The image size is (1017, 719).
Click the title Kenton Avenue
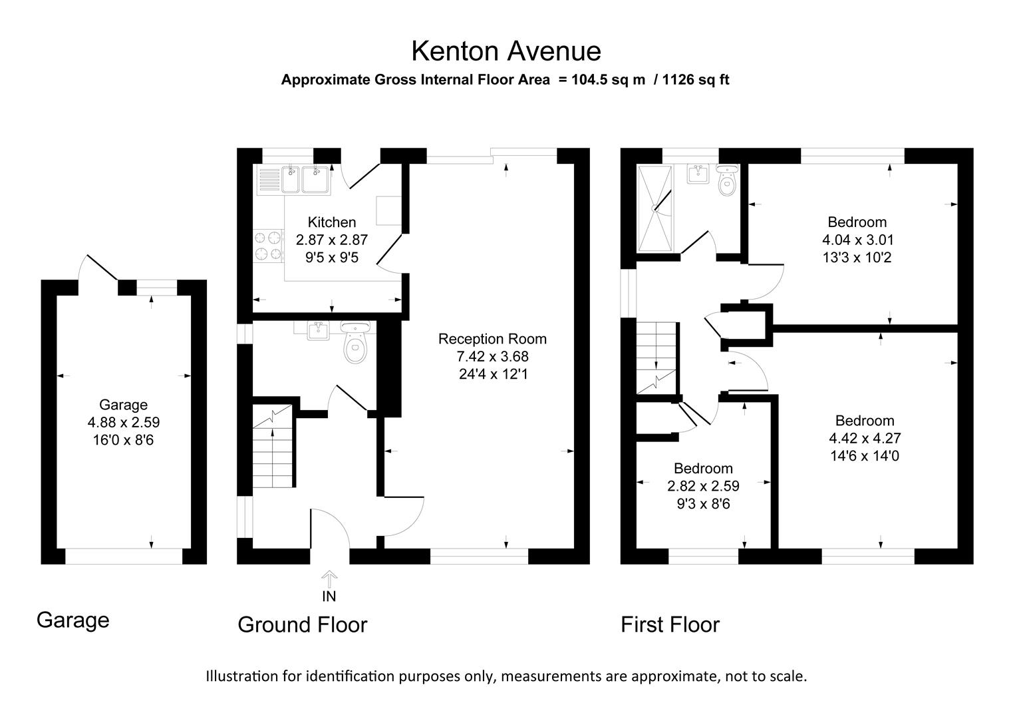click(506, 51)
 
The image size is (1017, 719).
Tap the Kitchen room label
click(331, 222)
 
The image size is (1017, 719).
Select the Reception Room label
click(492, 339)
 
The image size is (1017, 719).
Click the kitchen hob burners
click(267, 246)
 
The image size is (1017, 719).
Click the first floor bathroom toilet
click(727, 182)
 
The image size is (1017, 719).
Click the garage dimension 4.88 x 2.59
click(123, 422)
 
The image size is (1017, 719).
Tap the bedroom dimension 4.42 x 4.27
click(865, 438)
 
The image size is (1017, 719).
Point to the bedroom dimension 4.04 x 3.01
click(857, 240)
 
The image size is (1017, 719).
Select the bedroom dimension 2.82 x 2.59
click(703, 487)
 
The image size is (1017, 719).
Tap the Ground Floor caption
click(302, 625)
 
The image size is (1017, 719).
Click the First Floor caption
click(670, 625)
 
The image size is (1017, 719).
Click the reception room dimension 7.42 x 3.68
click(492, 357)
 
